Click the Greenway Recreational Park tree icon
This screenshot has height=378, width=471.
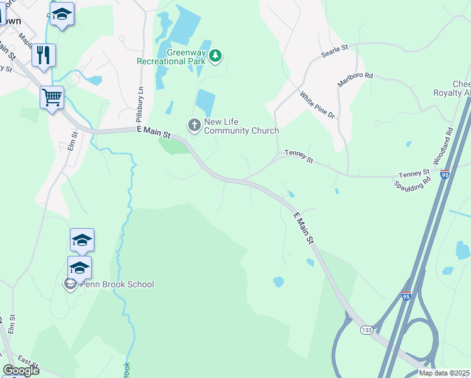point(216,56)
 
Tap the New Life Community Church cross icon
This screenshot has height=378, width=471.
point(194,125)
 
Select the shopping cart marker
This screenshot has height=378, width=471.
point(52,97)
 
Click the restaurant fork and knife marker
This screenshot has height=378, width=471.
point(43,55)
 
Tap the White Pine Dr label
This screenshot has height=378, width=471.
point(317,105)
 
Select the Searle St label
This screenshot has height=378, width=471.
point(334,49)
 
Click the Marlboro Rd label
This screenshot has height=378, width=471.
point(355,80)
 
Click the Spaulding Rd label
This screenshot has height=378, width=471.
point(412,183)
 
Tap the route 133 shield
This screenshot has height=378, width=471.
point(366,329)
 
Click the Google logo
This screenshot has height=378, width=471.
point(21,370)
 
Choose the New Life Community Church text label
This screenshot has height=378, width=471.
point(241,126)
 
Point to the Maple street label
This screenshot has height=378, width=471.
point(26,42)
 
